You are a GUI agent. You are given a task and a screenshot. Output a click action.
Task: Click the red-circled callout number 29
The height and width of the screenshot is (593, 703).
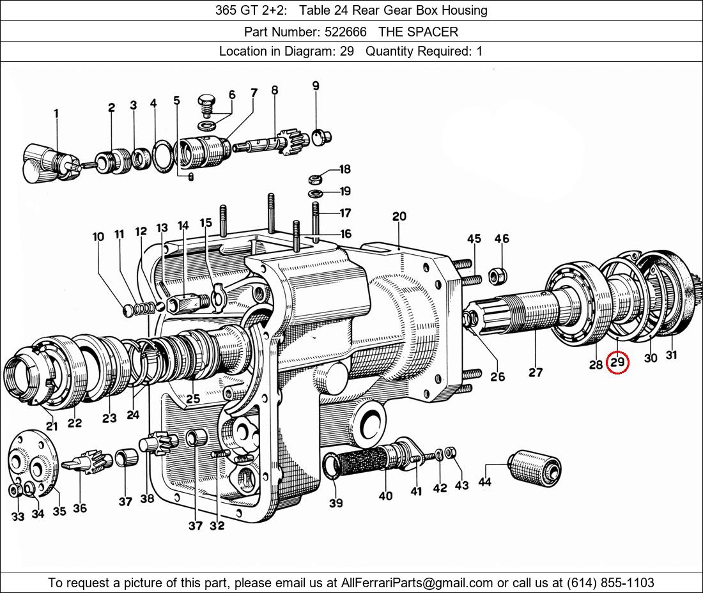617,363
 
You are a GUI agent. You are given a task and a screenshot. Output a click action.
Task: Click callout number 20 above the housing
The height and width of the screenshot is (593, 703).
399,217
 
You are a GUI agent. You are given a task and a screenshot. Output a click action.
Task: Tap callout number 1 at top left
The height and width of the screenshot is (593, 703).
56,114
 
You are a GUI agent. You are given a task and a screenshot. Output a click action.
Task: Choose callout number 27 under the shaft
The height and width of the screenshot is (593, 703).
536,372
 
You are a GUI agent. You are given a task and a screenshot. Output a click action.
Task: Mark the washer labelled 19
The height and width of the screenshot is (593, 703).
316,193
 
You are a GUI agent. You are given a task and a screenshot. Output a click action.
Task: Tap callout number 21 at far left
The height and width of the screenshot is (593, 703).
52,426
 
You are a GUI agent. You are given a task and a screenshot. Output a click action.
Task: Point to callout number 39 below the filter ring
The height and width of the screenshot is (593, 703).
336,503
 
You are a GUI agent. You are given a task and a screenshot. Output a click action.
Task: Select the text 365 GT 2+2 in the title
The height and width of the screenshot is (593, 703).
246,10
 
